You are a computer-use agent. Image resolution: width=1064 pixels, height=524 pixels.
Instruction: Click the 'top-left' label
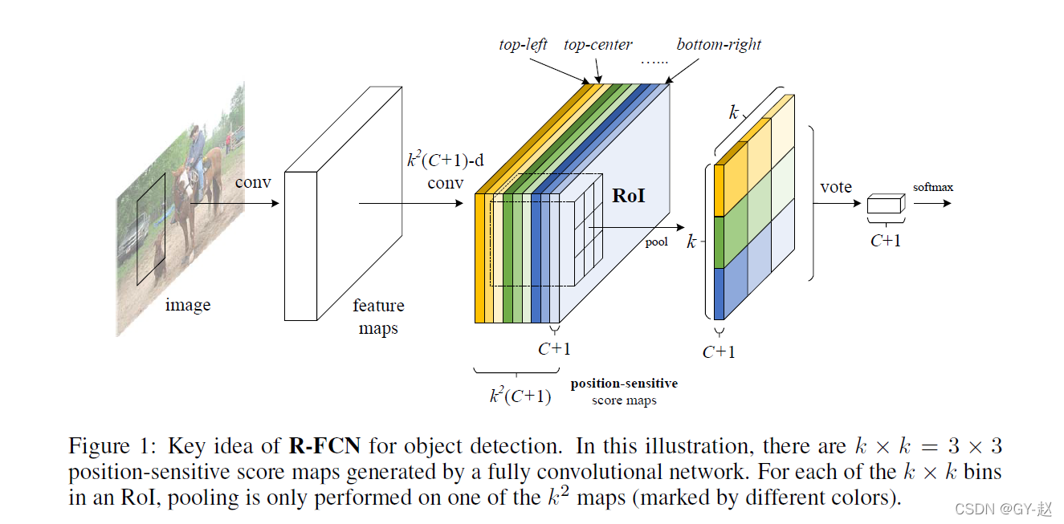[523, 44]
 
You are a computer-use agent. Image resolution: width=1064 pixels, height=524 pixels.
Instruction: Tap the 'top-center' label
[597, 44]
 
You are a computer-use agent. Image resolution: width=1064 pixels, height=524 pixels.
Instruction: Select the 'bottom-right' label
[719, 44]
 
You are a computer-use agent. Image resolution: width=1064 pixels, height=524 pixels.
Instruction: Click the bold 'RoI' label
[629, 195]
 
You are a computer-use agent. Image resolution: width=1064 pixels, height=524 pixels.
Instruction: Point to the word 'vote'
[836, 187]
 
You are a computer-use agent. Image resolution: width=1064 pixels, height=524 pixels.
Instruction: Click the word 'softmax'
[933, 187]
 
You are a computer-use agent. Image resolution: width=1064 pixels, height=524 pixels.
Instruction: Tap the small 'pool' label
[656, 242]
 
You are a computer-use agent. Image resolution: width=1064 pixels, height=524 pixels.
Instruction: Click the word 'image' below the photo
[188, 305]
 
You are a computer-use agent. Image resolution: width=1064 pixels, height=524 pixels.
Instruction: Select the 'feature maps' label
[378, 317]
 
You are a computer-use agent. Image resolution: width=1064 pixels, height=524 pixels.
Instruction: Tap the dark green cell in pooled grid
[731, 242]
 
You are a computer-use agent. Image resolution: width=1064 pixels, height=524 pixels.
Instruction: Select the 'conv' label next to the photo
[253, 182]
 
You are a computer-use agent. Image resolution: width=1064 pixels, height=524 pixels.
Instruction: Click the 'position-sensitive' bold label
[624, 384]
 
